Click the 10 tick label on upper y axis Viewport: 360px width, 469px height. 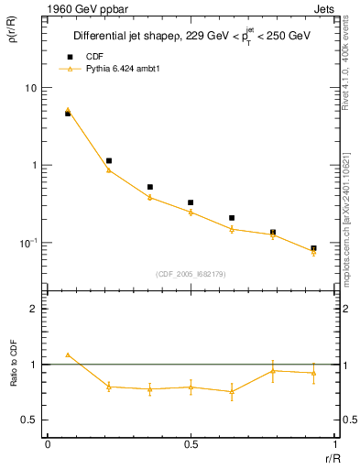pos(30,88)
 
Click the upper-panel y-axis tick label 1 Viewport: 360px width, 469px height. pos(34,166)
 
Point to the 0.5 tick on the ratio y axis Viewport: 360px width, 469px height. pos(29,420)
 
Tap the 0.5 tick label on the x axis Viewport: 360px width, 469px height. pos(191,444)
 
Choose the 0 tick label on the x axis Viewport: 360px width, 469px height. pos(47,444)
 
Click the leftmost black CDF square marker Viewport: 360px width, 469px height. pos(68,114)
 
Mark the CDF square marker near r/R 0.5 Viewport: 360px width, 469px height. pos(191,202)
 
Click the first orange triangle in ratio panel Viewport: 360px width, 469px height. pos(68,354)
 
